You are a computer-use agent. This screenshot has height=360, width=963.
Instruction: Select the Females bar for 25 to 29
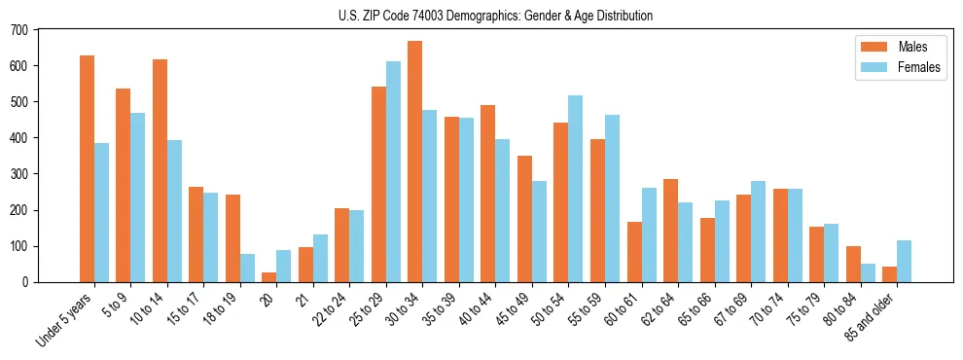click(393, 171)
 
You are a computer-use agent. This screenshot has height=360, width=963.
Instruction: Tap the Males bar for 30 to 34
click(414, 162)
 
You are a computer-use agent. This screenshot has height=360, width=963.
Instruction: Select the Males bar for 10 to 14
click(160, 170)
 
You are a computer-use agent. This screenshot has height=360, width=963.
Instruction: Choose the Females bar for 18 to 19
click(247, 268)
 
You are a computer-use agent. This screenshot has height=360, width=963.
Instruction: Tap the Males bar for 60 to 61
click(633, 252)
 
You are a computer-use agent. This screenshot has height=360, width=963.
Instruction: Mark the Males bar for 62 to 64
click(670, 231)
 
